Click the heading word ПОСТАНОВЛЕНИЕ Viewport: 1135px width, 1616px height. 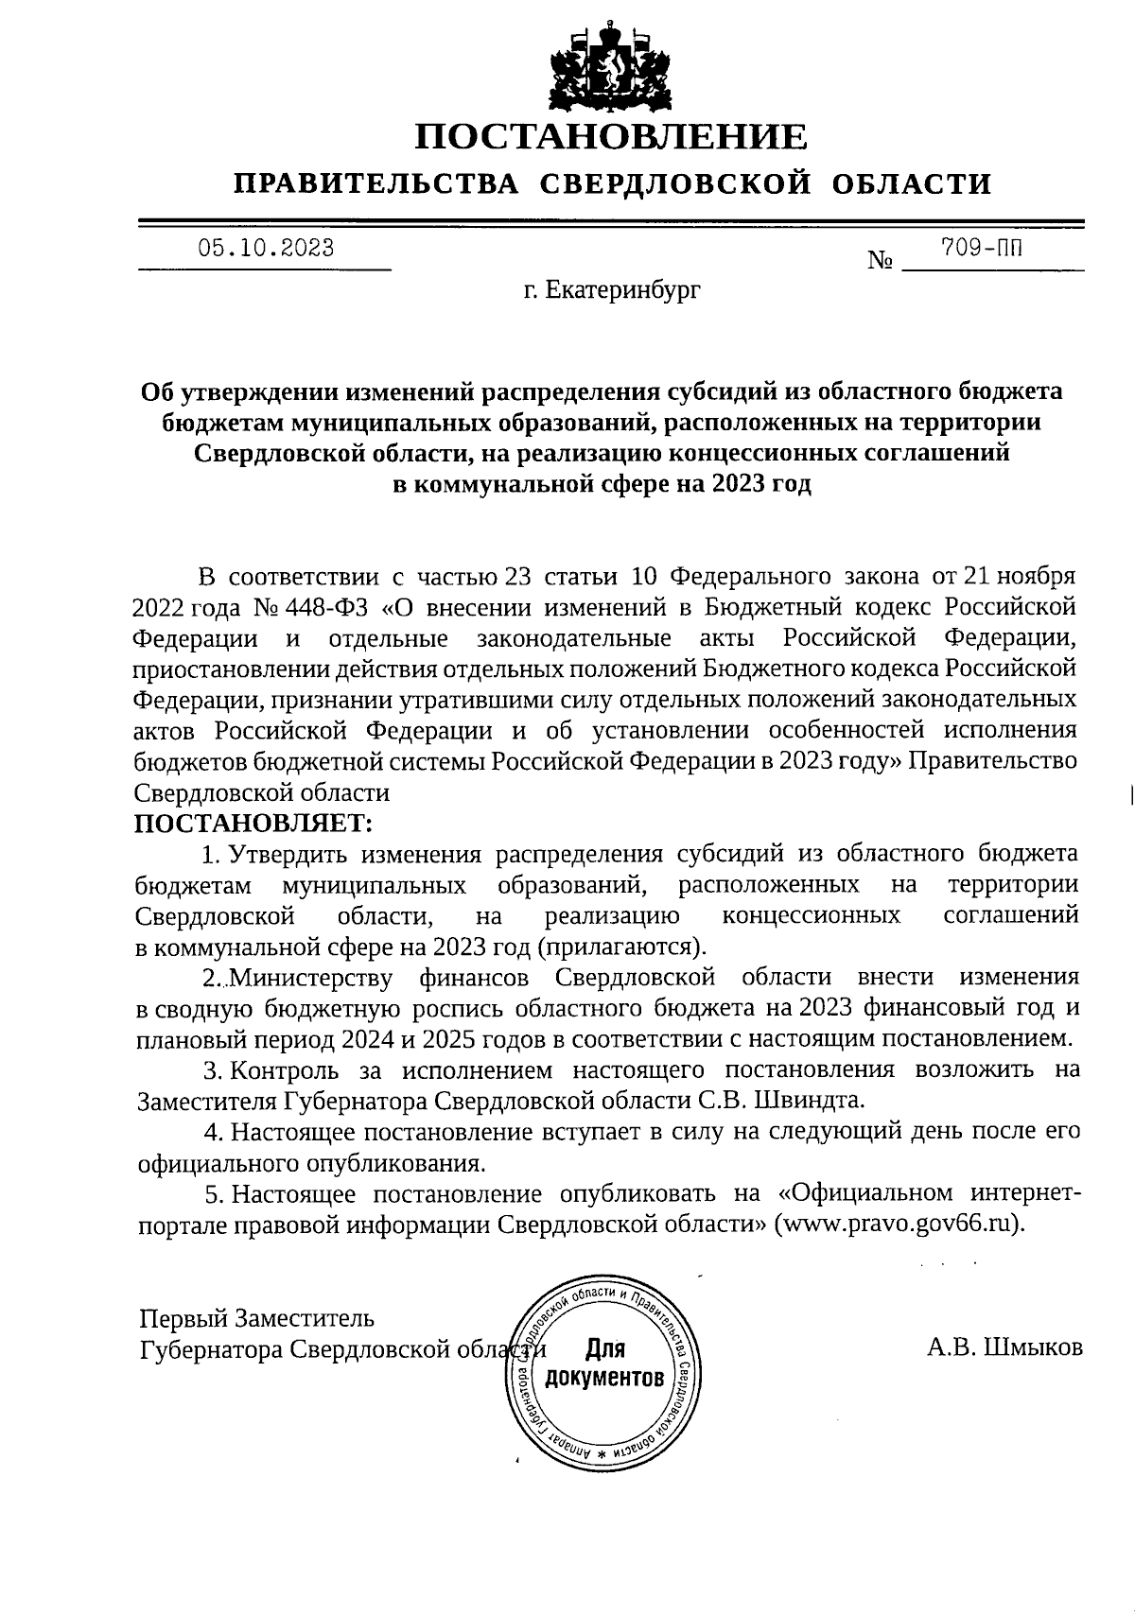click(x=612, y=137)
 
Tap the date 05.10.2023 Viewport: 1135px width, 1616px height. click(x=265, y=249)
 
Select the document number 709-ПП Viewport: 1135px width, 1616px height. click(x=982, y=249)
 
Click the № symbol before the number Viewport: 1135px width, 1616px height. click(x=881, y=260)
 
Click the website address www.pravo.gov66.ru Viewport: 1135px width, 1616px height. click(x=897, y=1224)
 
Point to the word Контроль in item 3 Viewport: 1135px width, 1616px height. click(x=286, y=1070)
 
